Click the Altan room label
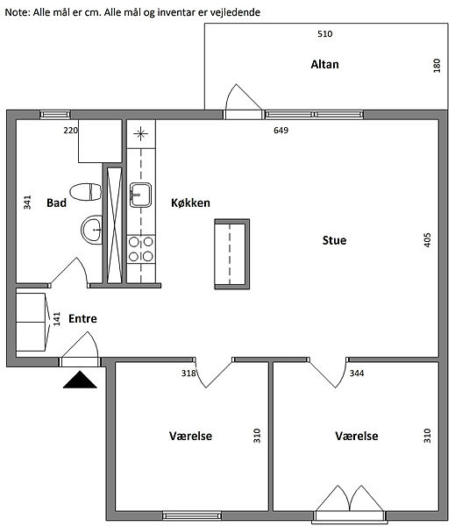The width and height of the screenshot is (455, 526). [x=324, y=64]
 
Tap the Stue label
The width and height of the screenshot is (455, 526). [x=334, y=240]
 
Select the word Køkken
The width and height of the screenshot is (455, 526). [x=190, y=203]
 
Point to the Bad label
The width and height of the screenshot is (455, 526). [x=56, y=203]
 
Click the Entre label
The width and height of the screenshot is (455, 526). [x=82, y=318]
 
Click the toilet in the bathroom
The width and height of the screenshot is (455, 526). [x=86, y=192]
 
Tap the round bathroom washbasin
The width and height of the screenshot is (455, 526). [x=91, y=230]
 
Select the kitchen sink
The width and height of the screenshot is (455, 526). [x=140, y=195]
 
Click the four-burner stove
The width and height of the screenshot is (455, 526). [x=141, y=249]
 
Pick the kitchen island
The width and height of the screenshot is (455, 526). [x=231, y=254]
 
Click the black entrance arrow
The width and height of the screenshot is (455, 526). [x=80, y=380]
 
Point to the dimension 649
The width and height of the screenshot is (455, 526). [x=281, y=130]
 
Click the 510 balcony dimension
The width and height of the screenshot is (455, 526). [x=324, y=34]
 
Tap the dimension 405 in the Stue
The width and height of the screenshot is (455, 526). [x=427, y=240]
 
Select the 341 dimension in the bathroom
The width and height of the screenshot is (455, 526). [x=27, y=203]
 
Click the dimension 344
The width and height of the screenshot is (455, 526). [x=357, y=373]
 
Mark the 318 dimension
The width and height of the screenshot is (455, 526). [x=188, y=373]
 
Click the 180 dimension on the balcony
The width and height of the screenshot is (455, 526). [x=437, y=66]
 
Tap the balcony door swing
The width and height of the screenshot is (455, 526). [x=242, y=97]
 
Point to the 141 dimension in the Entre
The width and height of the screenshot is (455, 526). [x=57, y=319]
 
